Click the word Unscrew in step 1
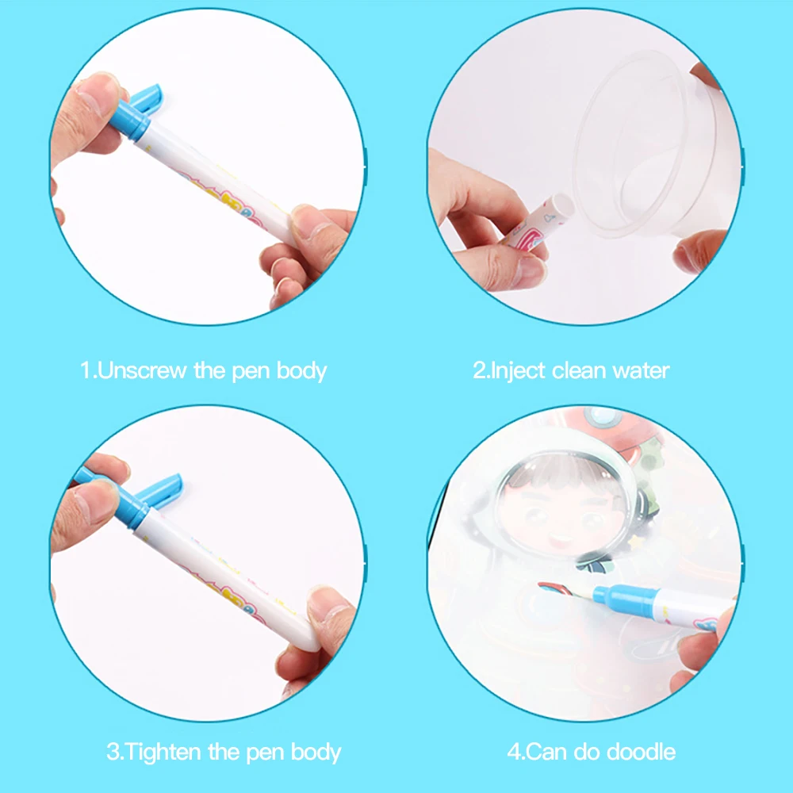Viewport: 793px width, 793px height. coord(142,370)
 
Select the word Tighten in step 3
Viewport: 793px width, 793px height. coord(162,752)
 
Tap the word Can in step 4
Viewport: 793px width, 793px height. coord(547,752)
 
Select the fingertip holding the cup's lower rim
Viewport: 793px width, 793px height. coord(699,251)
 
